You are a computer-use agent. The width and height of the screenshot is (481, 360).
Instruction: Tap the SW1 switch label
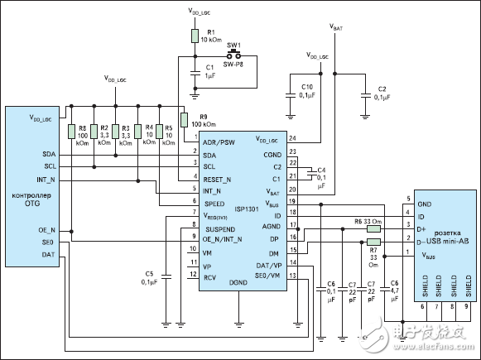coord(234,44)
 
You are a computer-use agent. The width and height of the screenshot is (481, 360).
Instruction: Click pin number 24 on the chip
coord(292,137)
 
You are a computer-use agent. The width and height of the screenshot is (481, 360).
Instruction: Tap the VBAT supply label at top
coord(336,27)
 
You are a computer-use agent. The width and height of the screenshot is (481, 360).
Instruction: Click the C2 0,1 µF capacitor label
coord(382,93)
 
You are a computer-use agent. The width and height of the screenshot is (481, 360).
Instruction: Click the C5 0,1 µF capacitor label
coord(149,277)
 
